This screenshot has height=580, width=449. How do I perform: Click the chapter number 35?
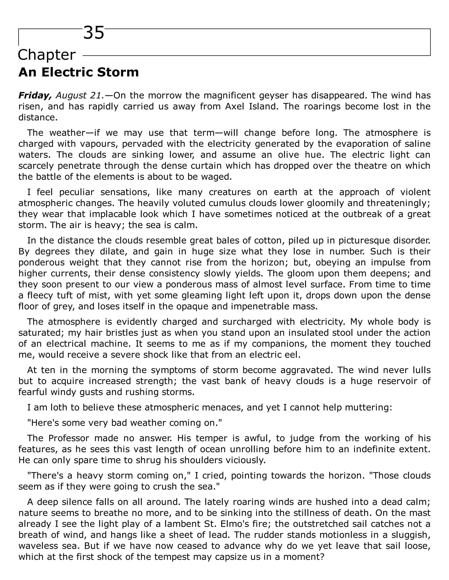tap(94, 33)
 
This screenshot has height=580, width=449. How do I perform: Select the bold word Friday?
tap(35, 95)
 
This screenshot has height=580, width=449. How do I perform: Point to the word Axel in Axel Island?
tap(234, 107)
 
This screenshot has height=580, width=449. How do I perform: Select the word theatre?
tap(369, 166)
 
